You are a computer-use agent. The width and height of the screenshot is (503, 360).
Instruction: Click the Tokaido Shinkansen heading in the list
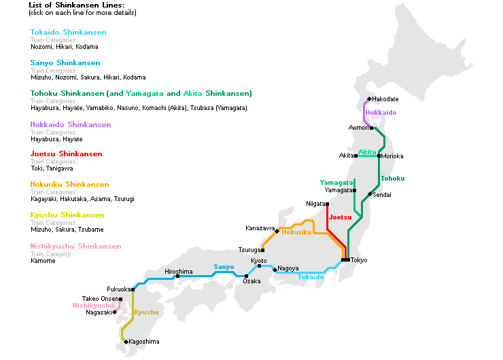(x=68, y=32)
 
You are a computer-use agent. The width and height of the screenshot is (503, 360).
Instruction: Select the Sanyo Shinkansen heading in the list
(x=65, y=62)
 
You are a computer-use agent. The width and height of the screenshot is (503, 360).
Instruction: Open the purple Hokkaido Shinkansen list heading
(x=71, y=124)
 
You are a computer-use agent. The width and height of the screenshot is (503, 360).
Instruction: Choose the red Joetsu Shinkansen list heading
(x=66, y=154)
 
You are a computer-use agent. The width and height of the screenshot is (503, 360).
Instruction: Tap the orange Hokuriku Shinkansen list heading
(x=69, y=184)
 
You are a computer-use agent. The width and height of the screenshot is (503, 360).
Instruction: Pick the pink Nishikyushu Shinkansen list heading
(x=75, y=246)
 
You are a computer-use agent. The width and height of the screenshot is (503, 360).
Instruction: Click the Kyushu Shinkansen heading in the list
(x=67, y=215)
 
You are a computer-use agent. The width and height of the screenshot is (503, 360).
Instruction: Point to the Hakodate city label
(x=385, y=99)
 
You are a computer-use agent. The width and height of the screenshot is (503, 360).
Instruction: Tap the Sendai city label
(x=382, y=195)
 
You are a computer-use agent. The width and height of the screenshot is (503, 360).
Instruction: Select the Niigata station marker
(x=327, y=204)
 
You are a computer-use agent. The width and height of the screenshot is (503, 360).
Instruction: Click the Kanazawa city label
(x=260, y=228)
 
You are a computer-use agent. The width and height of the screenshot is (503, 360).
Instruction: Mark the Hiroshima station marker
(x=177, y=276)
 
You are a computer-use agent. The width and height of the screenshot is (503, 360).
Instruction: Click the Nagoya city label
(x=288, y=268)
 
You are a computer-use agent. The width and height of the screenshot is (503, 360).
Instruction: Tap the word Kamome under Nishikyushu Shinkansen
(x=43, y=261)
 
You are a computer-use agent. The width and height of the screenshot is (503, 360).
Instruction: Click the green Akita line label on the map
(x=367, y=152)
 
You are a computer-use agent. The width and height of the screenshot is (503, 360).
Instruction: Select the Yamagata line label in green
(x=336, y=182)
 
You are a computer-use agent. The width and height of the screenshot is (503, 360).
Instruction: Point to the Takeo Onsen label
(x=100, y=299)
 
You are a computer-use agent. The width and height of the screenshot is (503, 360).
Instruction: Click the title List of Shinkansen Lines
(x=77, y=5)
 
